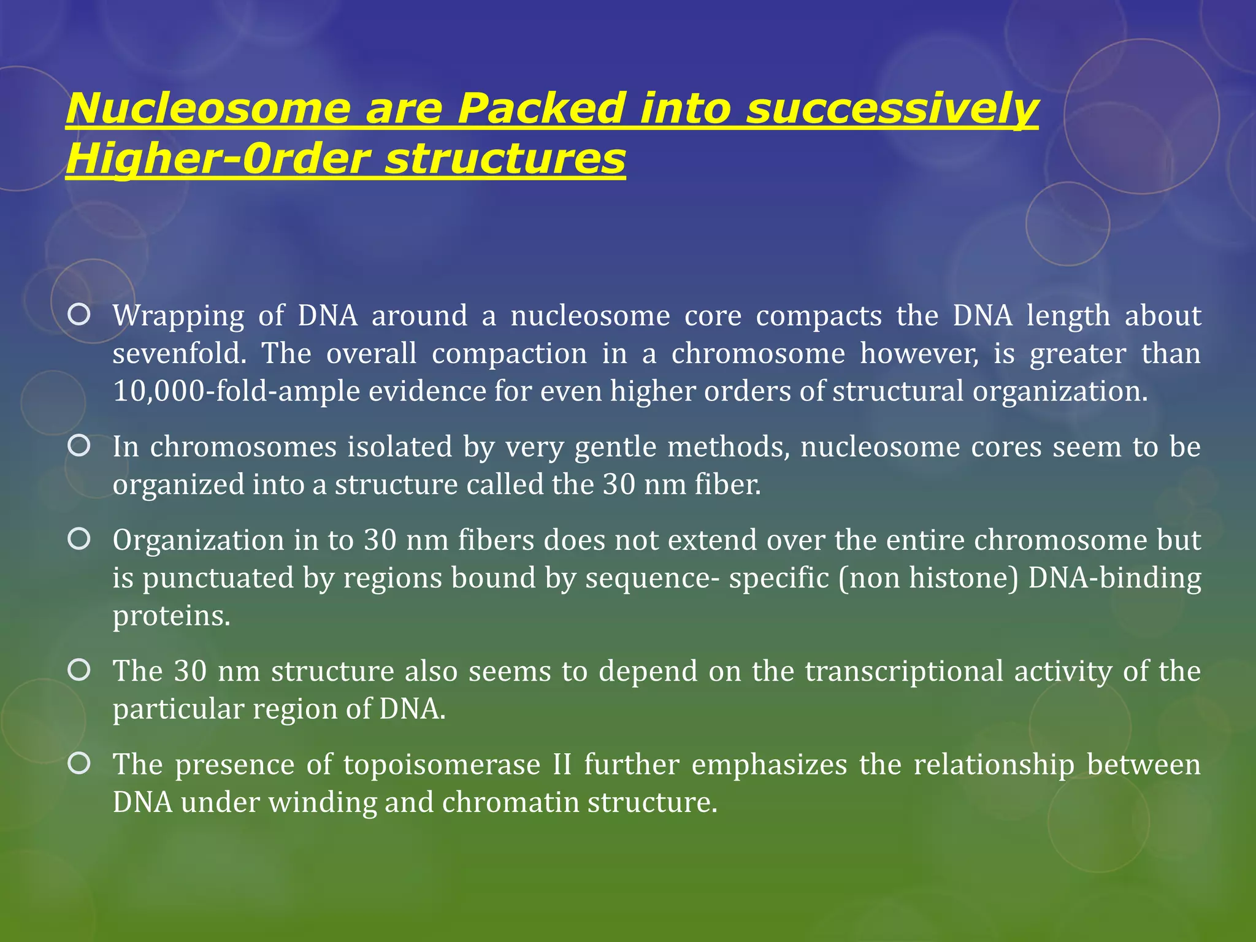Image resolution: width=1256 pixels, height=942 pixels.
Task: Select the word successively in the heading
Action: coord(892,109)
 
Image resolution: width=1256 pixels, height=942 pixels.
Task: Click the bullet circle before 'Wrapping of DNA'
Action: coord(80,315)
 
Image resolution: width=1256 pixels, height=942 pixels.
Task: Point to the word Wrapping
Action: coord(178,316)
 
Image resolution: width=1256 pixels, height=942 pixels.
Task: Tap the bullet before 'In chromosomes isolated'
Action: coord(80,446)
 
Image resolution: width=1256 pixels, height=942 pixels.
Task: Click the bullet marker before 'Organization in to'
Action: coord(80,539)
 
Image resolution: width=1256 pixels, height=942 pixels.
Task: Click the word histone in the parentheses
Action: coord(962,578)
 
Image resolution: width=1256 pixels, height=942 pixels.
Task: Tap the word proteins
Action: coord(171,616)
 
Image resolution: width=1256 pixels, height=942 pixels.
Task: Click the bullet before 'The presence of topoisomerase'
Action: coord(80,764)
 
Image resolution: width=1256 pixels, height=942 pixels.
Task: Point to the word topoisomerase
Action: coord(442,765)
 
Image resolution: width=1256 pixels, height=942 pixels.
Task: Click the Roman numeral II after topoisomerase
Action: coord(562,765)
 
